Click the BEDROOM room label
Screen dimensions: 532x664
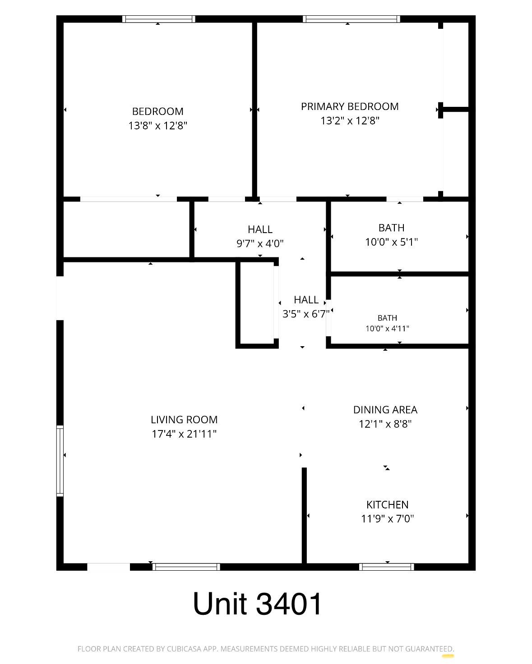coord(157,111)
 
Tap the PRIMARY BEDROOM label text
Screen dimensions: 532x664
coord(350,106)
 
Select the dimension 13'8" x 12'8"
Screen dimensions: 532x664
coord(157,126)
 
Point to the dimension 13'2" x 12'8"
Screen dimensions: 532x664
coord(350,121)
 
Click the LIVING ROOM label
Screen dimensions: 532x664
coord(184,420)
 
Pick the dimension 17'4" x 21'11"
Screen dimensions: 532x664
coord(184,434)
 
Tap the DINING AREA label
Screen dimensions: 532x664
coord(385,410)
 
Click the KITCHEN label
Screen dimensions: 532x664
coord(388,505)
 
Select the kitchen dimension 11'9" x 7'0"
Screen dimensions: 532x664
coord(388,519)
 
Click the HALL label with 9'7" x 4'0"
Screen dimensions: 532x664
coord(260,229)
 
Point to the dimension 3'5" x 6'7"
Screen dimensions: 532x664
coord(306,314)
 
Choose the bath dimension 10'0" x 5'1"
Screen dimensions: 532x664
coord(391,242)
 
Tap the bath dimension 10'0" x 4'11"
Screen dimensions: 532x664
coord(388,328)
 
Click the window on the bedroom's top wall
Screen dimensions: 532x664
coord(159,19)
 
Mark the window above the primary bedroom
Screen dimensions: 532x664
coord(352,19)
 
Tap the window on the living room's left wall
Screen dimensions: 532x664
coord(60,461)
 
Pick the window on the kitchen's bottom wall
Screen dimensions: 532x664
coord(387,567)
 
